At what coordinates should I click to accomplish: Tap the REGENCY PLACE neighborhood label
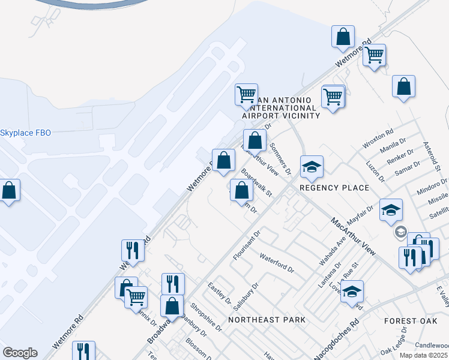point(334,188)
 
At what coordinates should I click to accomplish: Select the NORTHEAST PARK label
point(263,320)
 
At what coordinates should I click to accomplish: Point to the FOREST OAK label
point(411,322)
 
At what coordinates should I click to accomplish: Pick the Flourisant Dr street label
point(247,245)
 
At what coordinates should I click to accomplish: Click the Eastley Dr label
point(219,292)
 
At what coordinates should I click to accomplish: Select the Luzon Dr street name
point(378,170)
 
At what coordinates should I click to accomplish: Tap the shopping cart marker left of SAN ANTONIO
point(246,94)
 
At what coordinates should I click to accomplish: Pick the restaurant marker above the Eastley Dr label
point(173,284)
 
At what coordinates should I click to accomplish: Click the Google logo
point(20,353)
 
